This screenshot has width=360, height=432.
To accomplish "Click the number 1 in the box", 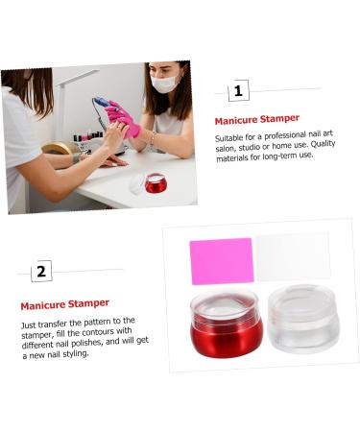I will pyautogui.click(x=239, y=91).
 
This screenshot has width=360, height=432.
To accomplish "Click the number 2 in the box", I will pyautogui.click(x=40, y=272).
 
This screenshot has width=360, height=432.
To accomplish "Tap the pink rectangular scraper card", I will pyautogui.click(x=222, y=260).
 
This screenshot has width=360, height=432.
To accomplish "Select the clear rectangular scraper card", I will pyautogui.click(x=292, y=256).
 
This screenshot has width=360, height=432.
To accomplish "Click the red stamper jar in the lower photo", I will pyautogui.click(x=226, y=326).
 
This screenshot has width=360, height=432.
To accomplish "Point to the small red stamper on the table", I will pyautogui.click(x=156, y=182).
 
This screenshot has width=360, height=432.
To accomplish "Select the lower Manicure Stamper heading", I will pyautogui.click(x=64, y=304).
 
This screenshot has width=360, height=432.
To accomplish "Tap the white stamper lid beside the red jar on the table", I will pyautogui.click(x=136, y=182).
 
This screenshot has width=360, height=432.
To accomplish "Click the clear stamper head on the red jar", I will pyautogui.click(x=225, y=302).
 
